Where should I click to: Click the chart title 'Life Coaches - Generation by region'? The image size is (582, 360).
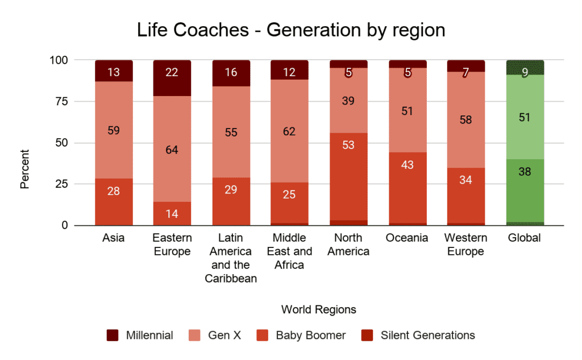[x=291, y=30]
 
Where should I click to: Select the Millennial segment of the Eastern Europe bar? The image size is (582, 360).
[x=172, y=78]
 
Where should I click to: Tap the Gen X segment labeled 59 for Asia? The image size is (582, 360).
[x=114, y=130]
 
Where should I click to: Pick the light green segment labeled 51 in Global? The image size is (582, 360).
[x=525, y=117]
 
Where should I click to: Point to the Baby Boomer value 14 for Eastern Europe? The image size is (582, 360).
[x=172, y=214]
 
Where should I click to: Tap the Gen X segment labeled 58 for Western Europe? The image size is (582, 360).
[x=465, y=120]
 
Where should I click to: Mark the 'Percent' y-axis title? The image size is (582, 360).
[x=25, y=169]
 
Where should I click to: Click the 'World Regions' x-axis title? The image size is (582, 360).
[x=318, y=310]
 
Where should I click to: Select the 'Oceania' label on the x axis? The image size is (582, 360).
[x=406, y=238]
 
